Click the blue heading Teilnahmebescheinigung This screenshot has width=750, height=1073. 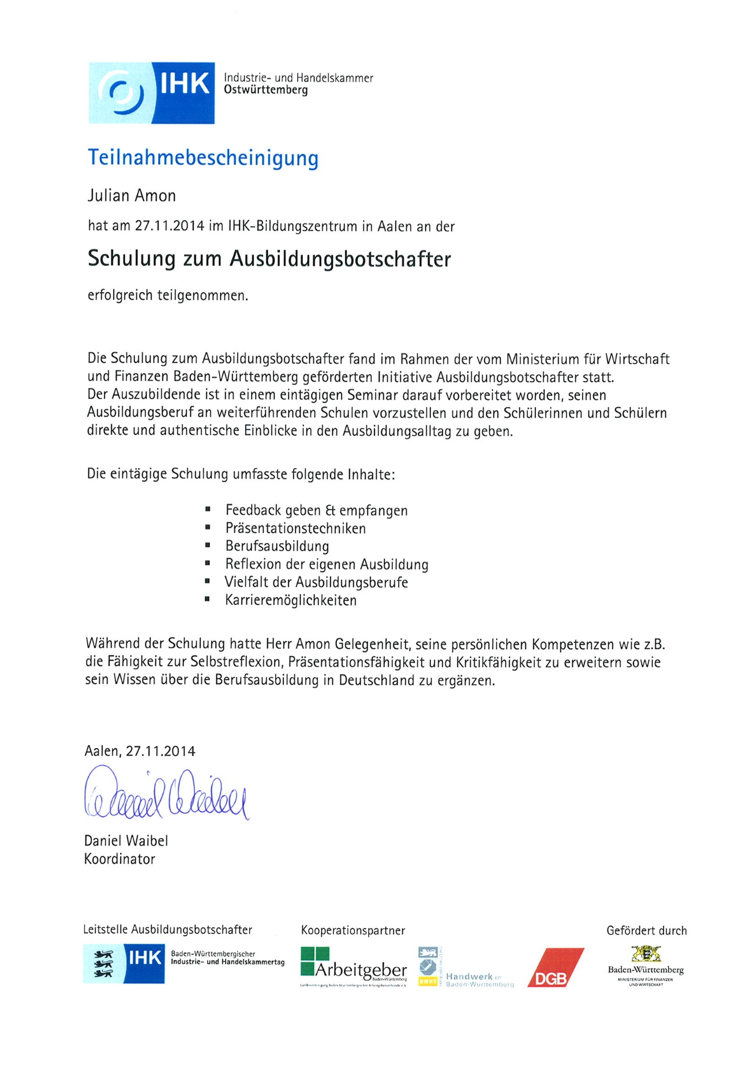pyautogui.click(x=202, y=158)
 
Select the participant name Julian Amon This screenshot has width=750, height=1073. pyautogui.click(x=132, y=196)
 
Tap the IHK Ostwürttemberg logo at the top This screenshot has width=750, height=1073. pyautogui.click(x=152, y=93)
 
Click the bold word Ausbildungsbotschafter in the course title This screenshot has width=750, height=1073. pyautogui.click(x=340, y=259)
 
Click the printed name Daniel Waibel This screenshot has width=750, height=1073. pyautogui.click(x=126, y=841)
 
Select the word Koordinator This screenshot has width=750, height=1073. pyautogui.click(x=119, y=859)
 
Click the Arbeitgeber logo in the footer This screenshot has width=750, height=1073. pyautogui.click(x=354, y=967)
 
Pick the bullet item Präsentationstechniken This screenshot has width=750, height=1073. pyautogui.click(x=295, y=528)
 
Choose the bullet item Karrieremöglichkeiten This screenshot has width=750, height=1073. pyautogui.click(x=291, y=600)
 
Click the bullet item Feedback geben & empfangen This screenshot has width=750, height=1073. pyautogui.click(x=316, y=510)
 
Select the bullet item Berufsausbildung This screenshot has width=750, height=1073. pyautogui.click(x=277, y=546)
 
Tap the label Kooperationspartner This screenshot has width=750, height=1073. pyautogui.click(x=352, y=930)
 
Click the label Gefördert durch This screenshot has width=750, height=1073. pyautogui.click(x=646, y=930)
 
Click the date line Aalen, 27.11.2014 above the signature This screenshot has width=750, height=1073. pyautogui.click(x=140, y=751)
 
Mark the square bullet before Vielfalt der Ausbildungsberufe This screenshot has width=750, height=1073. pyautogui.click(x=207, y=582)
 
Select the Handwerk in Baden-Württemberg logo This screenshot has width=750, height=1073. pyautogui.click(x=465, y=967)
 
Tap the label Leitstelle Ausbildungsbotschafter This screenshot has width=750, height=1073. pyautogui.click(x=167, y=930)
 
